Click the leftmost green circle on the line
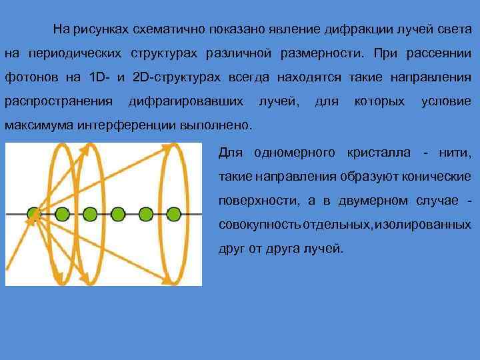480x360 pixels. (x=33, y=214)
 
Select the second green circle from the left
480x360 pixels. (x=62, y=214)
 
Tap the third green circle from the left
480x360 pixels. (x=90, y=214)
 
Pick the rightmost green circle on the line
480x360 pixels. (x=174, y=214)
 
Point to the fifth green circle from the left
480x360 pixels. (x=146, y=214)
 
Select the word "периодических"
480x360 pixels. (x=75, y=53)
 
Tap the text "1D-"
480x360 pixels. (x=99, y=77)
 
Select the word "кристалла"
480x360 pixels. (x=378, y=153)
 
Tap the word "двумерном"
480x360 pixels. (x=370, y=201)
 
